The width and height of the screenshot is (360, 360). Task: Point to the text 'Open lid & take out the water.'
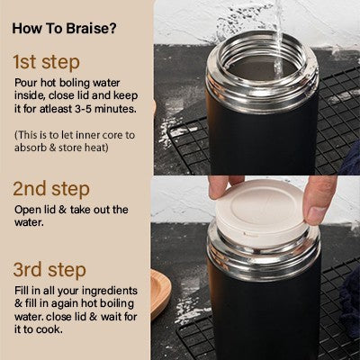click(71, 217)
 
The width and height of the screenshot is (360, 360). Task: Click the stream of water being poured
click(277, 31)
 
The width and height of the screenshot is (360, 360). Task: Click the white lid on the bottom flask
click(261, 211)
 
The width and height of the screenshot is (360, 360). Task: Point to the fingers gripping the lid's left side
click(219, 187)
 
